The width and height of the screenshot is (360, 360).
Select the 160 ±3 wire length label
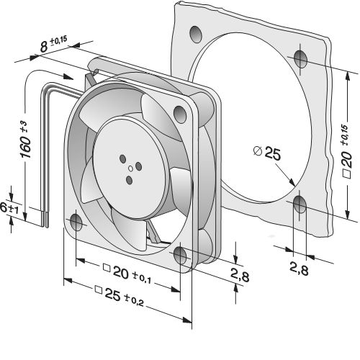point(25,140)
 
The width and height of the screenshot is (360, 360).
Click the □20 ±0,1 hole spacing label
point(127,274)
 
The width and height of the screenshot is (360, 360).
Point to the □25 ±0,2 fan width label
point(120,296)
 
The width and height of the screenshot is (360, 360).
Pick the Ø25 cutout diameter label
point(267,153)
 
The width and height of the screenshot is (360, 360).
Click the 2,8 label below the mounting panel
point(299,269)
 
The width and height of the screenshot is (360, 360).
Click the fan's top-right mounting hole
point(180,114)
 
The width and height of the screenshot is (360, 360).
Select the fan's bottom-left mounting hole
point(76,222)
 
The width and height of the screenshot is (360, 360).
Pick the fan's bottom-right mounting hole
point(180,256)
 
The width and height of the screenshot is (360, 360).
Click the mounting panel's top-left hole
point(195,35)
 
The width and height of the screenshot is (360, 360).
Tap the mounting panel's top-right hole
point(301,59)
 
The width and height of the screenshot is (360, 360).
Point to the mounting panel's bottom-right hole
point(300,204)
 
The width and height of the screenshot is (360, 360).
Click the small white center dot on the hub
point(130,168)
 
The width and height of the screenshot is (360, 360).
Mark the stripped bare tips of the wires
point(45,219)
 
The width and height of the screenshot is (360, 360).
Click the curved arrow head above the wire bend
point(68,76)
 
